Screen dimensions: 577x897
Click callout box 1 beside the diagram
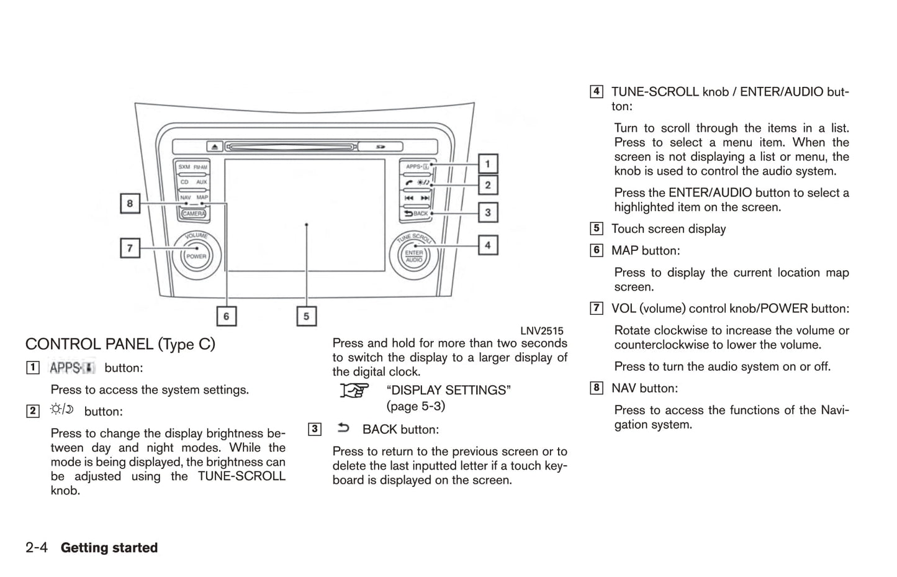pos(487,164)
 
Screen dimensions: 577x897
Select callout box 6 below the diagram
pos(226,316)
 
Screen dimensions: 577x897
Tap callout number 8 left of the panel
pos(130,203)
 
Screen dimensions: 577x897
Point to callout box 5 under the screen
pos(306,316)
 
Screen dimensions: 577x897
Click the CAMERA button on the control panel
pos(194,214)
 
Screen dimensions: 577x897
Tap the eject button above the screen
pos(215,147)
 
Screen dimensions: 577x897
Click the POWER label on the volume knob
pos(196,256)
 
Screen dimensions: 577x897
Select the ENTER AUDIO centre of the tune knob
pos(414,256)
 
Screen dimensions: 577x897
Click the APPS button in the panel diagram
pos(417,166)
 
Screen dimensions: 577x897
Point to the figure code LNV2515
pos(541,331)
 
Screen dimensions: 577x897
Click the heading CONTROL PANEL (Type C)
pos(120,344)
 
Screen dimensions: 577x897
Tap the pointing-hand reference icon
pos(354,391)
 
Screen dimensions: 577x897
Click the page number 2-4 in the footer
pos(37,548)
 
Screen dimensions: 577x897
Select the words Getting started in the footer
pos(109,548)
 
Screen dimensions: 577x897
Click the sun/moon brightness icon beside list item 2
pos(62,409)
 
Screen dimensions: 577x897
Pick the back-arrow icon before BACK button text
pos(343,428)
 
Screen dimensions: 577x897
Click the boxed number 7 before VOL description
pos(596,308)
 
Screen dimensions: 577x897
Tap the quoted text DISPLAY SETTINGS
pos(448,390)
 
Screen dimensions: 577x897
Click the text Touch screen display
pos(669,229)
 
